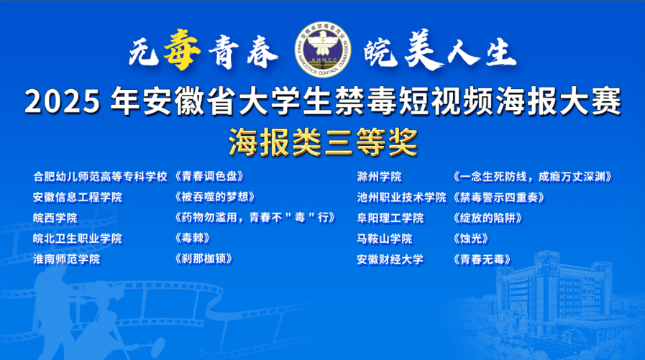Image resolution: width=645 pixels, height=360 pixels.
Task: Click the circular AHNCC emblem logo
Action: (322, 50)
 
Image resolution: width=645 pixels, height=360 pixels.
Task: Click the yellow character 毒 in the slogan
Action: (182, 50)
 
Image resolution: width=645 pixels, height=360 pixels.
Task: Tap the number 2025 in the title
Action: (63, 101)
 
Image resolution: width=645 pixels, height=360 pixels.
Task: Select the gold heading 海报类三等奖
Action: (323, 142)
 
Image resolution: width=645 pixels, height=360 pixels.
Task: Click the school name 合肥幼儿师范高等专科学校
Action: (101, 177)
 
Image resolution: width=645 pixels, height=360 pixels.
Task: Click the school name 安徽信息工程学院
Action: (78, 198)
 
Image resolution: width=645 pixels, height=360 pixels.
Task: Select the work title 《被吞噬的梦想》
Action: (214, 197)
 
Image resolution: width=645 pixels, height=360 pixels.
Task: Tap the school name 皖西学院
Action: (55, 218)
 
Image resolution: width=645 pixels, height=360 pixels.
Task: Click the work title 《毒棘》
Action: (192, 238)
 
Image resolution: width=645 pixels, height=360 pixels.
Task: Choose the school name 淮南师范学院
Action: (67, 259)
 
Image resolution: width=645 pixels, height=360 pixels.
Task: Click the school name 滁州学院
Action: (379, 177)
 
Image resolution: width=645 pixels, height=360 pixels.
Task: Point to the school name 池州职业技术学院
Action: (401, 198)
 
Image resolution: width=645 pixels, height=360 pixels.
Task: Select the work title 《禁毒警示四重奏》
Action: (499, 198)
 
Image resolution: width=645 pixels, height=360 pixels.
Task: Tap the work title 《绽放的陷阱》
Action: (488, 218)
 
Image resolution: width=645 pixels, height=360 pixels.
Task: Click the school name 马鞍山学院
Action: (385, 239)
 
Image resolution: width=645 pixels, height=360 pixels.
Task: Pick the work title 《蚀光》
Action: (471, 239)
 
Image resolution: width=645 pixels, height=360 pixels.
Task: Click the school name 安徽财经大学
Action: (390, 259)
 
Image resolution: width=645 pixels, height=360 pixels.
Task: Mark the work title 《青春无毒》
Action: (482, 259)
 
